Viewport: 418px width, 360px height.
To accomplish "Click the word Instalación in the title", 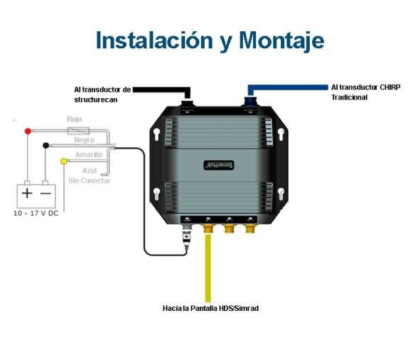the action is tap(154, 41).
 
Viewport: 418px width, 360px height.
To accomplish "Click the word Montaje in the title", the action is tap(282, 41).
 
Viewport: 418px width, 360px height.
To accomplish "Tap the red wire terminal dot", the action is tap(28, 131).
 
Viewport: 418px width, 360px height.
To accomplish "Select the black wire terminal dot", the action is tap(45, 145).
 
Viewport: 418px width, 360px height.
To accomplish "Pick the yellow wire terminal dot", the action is tap(64, 162).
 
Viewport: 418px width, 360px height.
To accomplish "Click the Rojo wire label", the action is tap(75, 119).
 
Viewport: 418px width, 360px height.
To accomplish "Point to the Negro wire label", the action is tap(84, 140).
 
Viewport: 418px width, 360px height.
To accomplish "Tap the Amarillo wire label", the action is tap(89, 155).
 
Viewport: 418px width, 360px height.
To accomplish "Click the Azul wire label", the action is tap(90, 171).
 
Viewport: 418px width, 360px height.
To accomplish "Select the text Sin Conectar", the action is tap(89, 181).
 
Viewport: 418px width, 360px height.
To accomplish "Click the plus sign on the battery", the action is tap(27, 193).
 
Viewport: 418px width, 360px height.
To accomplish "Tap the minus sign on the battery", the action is tap(45, 194).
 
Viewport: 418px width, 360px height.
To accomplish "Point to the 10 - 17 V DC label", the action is tap(36, 213).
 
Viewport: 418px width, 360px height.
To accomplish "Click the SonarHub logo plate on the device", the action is tap(219, 166).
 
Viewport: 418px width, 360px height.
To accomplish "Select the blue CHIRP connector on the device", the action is tap(250, 102).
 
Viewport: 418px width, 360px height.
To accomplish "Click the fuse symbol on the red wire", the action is tap(78, 131).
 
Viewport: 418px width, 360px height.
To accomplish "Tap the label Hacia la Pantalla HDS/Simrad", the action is tap(210, 309).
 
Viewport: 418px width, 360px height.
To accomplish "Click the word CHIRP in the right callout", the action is tap(390, 88).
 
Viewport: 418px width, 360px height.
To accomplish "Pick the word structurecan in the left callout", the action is tap(96, 100).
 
